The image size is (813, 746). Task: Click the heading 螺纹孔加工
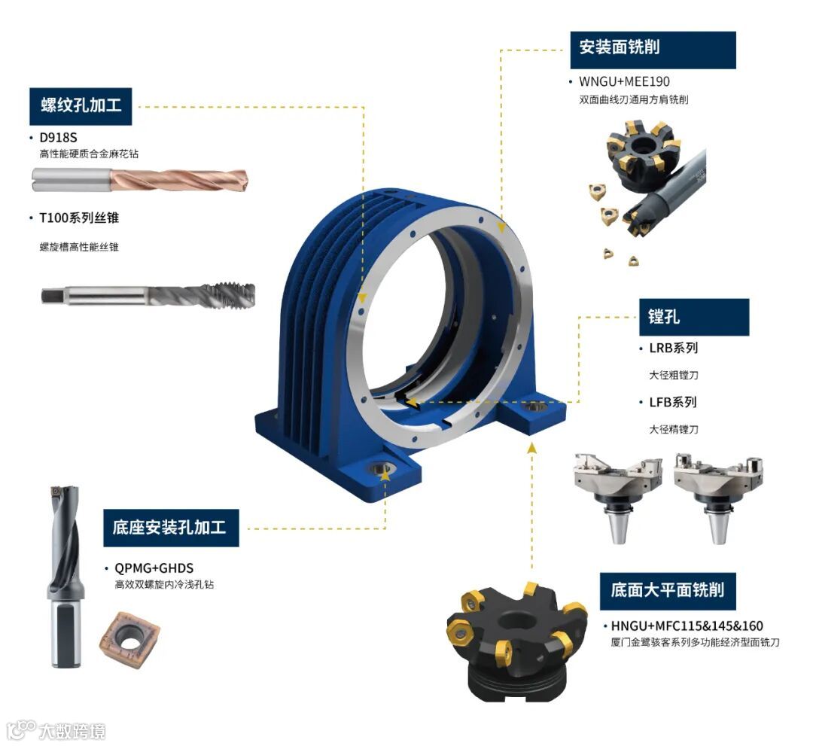click(81, 105)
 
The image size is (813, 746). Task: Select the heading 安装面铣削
click(653, 50)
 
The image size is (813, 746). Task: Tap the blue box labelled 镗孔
click(694, 317)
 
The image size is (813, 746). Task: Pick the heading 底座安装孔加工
click(171, 528)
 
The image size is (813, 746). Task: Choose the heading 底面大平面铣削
click(668, 591)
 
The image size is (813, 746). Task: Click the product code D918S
click(58, 137)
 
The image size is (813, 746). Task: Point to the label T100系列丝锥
click(79, 218)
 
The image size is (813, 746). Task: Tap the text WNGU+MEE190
click(624, 81)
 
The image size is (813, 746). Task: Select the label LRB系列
click(674, 348)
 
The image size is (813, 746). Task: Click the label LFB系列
click(673, 402)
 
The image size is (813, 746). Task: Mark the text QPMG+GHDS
click(154, 568)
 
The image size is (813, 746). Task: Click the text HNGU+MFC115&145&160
click(687, 626)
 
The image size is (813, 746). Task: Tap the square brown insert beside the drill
click(129, 636)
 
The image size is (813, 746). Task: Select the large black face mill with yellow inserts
click(516, 642)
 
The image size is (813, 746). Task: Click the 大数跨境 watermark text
click(72, 731)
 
